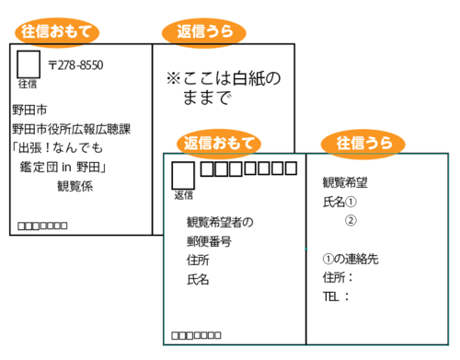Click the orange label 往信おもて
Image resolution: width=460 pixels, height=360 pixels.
(58, 31)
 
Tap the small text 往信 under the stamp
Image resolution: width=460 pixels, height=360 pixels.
(28, 84)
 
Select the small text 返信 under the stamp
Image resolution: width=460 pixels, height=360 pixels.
(183, 195)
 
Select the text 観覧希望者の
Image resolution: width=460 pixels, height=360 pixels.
(219, 221)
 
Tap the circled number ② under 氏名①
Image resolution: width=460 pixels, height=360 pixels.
(350, 220)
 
